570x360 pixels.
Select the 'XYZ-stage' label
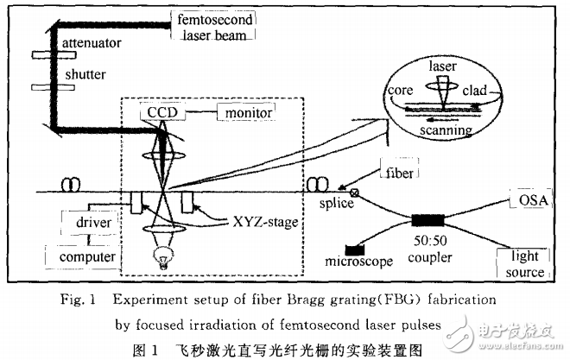tap(265, 223)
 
